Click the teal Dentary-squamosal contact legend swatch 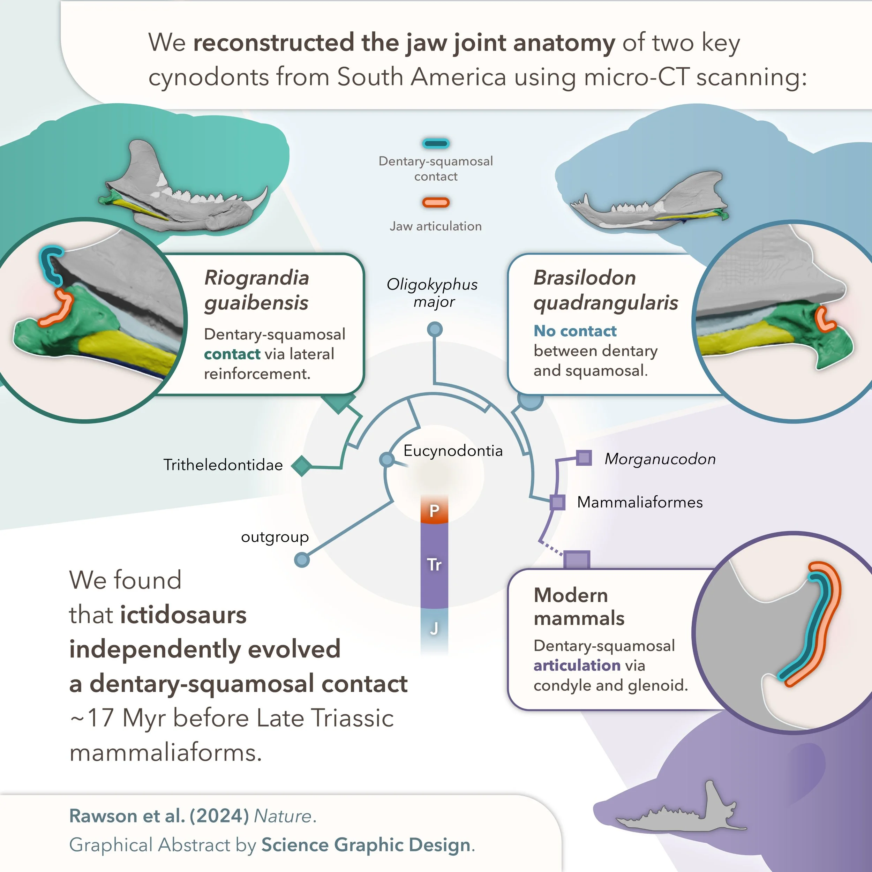tap(436, 143)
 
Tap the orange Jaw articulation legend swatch tap(436, 203)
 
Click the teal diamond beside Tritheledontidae tap(301, 465)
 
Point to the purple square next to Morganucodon tap(584, 458)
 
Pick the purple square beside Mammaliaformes tap(557, 502)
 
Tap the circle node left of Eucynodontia tap(386, 459)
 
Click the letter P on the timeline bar tap(434, 511)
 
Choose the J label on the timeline tap(434, 628)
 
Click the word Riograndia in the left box tap(256, 278)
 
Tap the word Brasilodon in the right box tap(585, 278)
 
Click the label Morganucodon tap(660, 459)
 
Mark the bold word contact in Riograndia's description tap(232, 354)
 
